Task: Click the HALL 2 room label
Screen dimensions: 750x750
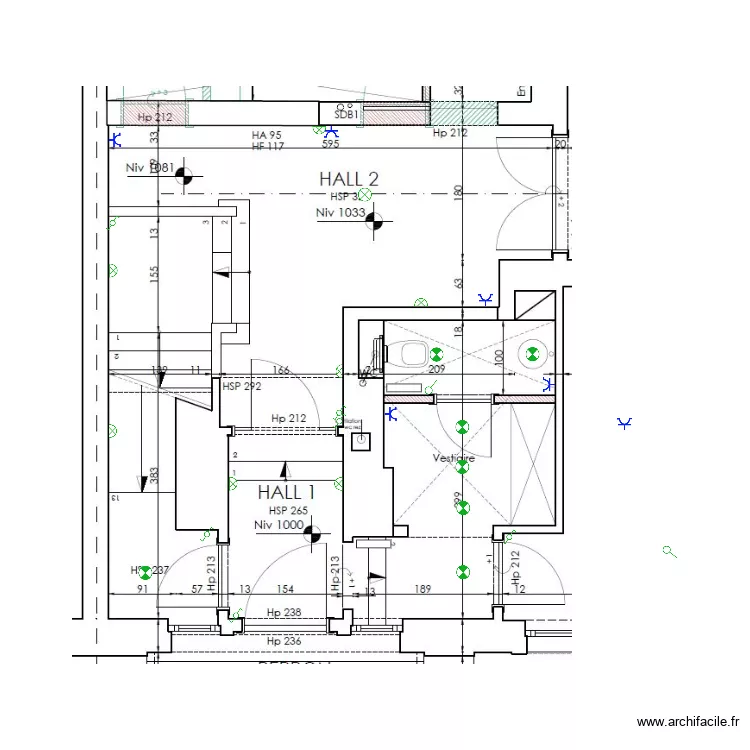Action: pyautogui.click(x=349, y=179)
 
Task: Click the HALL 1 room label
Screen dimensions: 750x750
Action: pyautogui.click(x=286, y=492)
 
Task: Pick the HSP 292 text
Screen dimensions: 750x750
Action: pyautogui.click(x=241, y=386)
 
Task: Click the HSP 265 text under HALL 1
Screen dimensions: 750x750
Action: pyautogui.click(x=286, y=511)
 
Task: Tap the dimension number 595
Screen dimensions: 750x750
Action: pyautogui.click(x=330, y=145)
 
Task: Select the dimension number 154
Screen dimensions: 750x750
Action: pyautogui.click(x=285, y=590)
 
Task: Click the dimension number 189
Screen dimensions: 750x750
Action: pyautogui.click(x=422, y=590)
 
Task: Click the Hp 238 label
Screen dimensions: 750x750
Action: pyautogui.click(x=284, y=613)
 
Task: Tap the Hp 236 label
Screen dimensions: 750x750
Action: pyautogui.click(x=284, y=640)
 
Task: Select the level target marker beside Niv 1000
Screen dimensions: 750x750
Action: pyautogui.click(x=312, y=534)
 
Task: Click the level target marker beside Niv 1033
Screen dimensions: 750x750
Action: pyautogui.click(x=374, y=221)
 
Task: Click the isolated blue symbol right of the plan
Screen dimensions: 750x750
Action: pyautogui.click(x=625, y=424)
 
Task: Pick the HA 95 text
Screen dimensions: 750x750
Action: pyautogui.click(x=266, y=135)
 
